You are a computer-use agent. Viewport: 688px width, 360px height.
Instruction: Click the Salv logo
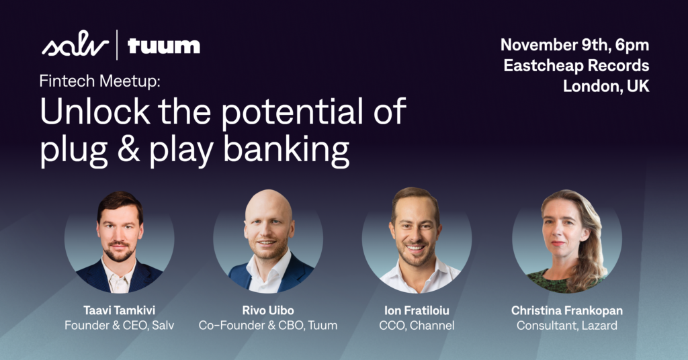coord(75,44)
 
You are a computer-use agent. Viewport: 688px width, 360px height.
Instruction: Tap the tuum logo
coord(164,46)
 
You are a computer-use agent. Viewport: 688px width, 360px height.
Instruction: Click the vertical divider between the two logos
coord(117,44)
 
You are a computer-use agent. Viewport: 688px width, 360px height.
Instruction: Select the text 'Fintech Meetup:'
coord(99,81)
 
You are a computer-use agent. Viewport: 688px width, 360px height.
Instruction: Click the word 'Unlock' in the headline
coord(95,111)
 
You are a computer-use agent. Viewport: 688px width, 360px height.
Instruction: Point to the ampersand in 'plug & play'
coord(128,150)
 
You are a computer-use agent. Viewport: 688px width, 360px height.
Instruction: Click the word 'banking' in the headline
coord(286,151)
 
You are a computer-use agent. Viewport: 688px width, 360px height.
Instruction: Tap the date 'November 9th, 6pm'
coord(575,45)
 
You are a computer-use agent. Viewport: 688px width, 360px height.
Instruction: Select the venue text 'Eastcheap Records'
coord(576,65)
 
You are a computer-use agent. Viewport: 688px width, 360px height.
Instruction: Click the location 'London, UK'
coord(606,86)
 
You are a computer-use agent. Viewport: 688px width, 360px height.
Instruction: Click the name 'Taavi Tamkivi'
coord(120,310)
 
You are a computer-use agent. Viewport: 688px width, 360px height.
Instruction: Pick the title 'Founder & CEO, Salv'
coord(120,325)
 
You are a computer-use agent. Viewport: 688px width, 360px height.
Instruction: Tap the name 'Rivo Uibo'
coord(268,310)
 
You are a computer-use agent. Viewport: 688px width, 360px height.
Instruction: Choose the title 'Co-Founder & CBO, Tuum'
coord(268,325)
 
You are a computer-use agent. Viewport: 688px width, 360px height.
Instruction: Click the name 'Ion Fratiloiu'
coord(417,310)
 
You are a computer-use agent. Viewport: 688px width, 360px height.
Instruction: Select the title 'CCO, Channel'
coord(417,325)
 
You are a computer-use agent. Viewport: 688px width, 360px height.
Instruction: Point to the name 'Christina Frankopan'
coord(567,310)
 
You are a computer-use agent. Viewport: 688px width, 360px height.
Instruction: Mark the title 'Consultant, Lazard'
coord(567,325)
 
